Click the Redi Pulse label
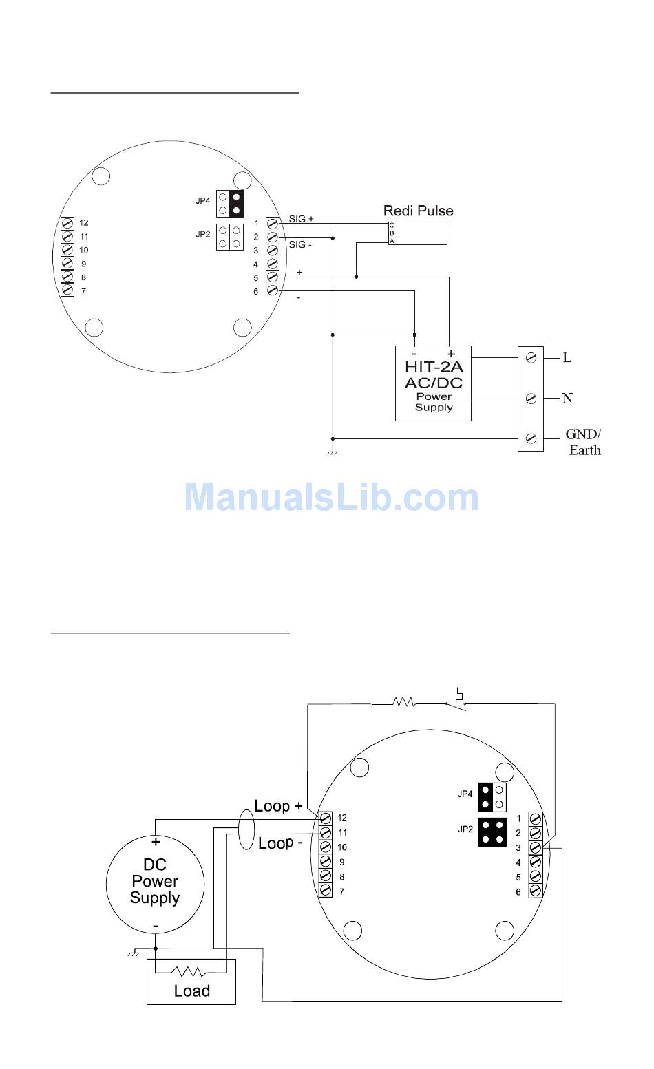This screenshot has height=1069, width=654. click(418, 211)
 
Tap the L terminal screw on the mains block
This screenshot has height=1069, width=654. click(531, 357)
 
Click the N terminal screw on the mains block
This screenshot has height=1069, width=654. click(531, 398)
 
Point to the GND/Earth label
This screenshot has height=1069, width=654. click(584, 442)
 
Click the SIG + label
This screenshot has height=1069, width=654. click(302, 219)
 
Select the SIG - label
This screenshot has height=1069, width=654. click(300, 244)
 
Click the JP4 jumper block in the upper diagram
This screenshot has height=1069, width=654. click(230, 203)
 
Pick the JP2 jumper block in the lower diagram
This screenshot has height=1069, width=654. click(493, 833)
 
